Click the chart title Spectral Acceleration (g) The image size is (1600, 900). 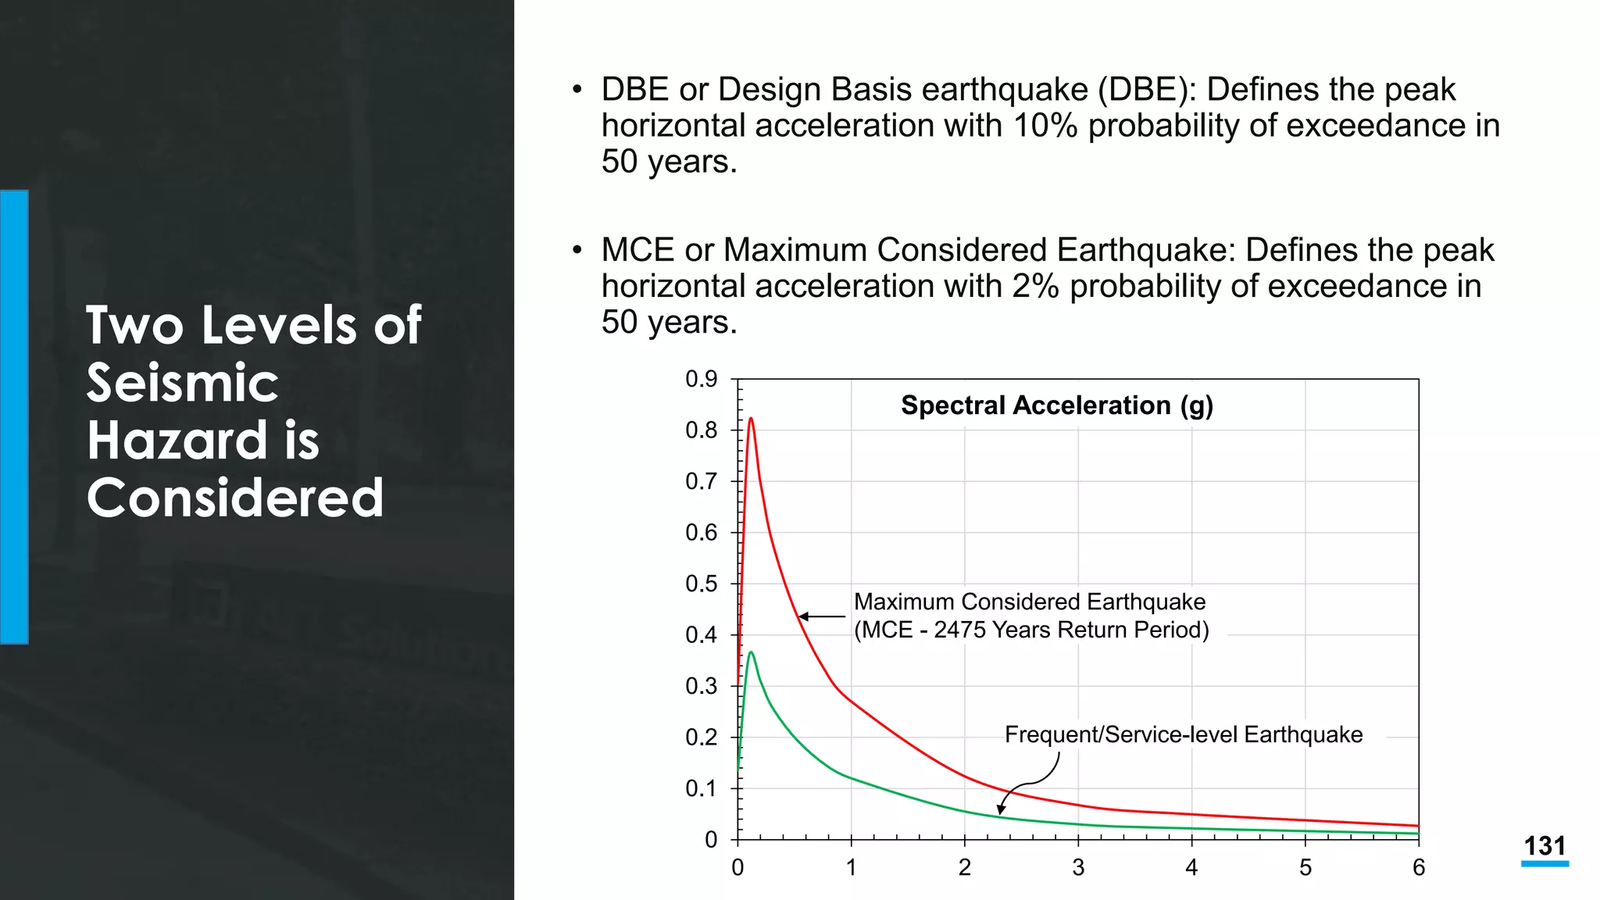coord(1056,405)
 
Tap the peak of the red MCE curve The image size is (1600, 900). coord(751,420)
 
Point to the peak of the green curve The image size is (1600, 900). coord(751,653)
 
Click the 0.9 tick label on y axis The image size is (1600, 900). coord(701,379)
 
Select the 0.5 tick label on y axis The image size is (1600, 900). coord(701,584)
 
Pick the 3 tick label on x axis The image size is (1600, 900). coord(1078,867)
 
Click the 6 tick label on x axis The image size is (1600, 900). coord(1419,867)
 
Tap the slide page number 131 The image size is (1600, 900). coord(1545,846)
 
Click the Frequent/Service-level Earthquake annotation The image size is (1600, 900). coord(1183,734)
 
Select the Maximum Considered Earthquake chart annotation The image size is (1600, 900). coord(1030,602)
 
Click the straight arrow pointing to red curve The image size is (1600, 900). coord(822,616)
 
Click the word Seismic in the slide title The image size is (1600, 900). coord(182,383)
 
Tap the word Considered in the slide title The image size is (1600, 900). coord(235,498)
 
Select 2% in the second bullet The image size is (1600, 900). coord(1035,286)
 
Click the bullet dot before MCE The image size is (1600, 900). coord(577,250)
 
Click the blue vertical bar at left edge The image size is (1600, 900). coord(14,416)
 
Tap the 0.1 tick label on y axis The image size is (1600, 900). coord(701,788)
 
